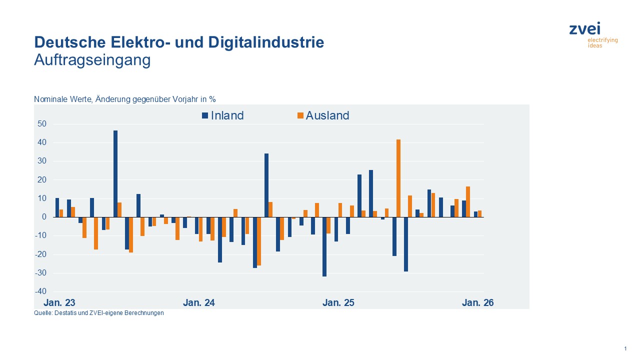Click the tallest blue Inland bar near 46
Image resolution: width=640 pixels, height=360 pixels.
[x=115, y=173]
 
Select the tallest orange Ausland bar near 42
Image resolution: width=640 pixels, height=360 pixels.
[x=398, y=178]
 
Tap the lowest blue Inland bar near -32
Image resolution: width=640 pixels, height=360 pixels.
[x=324, y=246]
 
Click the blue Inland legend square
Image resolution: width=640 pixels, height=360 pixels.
[x=205, y=115]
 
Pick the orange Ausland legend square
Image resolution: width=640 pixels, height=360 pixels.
[x=300, y=115]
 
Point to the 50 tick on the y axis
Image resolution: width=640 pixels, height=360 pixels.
[x=42, y=124]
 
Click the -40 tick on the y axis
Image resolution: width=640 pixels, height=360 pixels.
[x=41, y=291]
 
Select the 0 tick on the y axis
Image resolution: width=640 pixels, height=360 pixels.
[x=44, y=217]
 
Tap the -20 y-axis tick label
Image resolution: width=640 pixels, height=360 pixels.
[x=41, y=254]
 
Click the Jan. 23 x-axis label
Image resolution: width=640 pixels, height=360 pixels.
[x=59, y=303]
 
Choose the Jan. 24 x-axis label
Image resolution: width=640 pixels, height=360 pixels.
[x=199, y=303]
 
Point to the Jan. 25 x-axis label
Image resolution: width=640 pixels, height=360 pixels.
[x=338, y=303]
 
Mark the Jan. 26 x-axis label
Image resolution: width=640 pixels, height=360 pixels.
[x=477, y=303]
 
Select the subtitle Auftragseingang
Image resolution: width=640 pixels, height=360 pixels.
[x=92, y=60]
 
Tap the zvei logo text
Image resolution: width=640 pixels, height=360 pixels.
[x=584, y=29]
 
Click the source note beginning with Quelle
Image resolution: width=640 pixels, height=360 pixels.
[x=98, y=313]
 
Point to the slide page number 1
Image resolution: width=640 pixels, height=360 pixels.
[x=625, y=348]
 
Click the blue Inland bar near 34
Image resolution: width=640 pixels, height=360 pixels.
[x=266, y=185]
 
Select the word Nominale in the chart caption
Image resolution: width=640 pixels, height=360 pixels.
[x=49, y=99]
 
